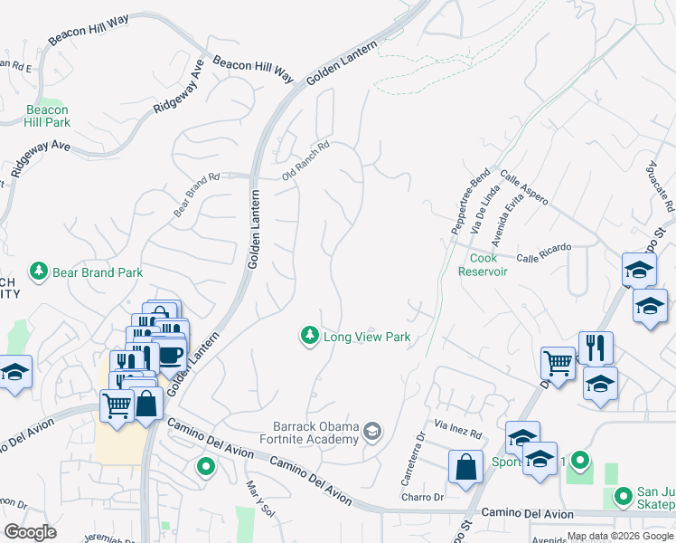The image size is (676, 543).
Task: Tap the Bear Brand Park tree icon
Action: (x=38, y=271)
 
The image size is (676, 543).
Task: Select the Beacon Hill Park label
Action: (x=46, y=116)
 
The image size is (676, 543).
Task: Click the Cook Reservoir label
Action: (x=489, y=264)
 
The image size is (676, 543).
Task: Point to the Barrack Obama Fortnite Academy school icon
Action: (x=371, y=429)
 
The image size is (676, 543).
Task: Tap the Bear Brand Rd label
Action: (x=197, y=195)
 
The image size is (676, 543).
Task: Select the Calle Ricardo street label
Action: (x=543, y=252)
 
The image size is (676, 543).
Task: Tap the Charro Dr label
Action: (x=423, y=497)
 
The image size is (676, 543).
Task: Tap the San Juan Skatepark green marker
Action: (x=623, y=496)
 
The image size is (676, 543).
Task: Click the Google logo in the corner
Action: (x=30, y=532)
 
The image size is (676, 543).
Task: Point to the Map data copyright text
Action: (x=621, y=536)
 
